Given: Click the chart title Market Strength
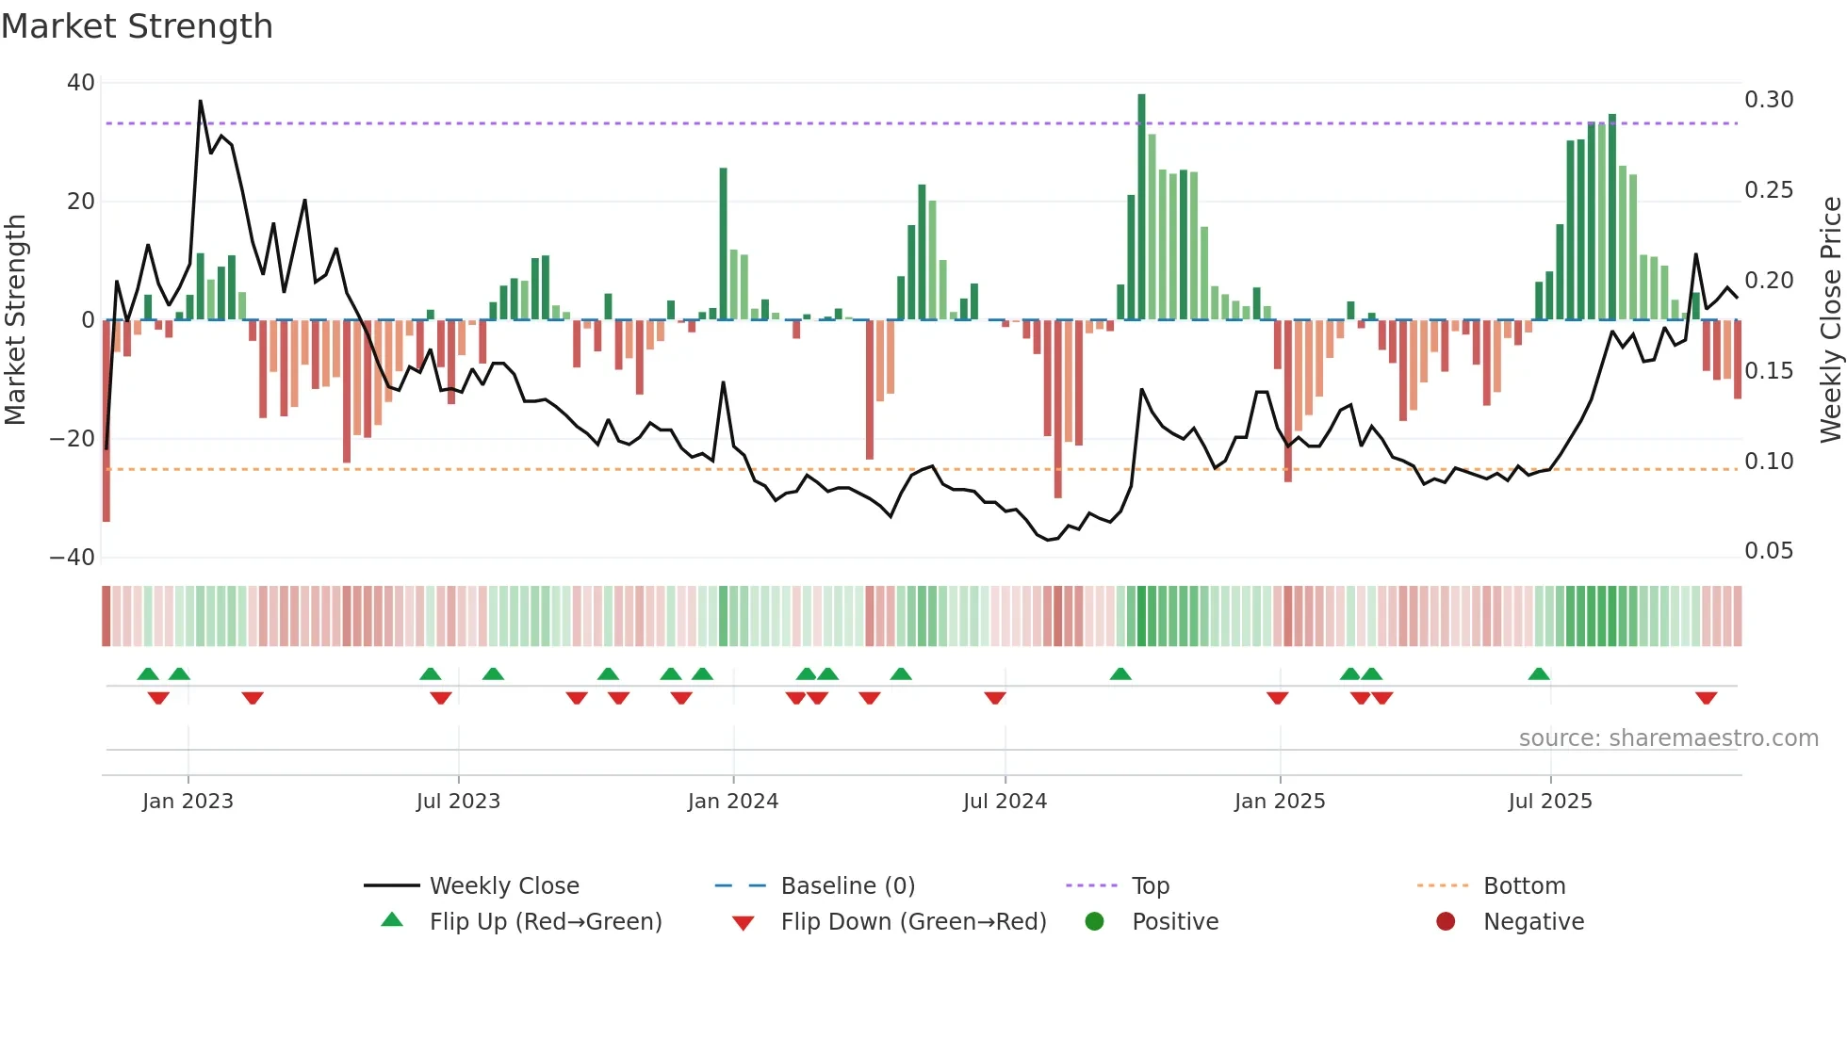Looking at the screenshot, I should pos(137,26).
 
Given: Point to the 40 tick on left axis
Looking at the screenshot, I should pos(81,83).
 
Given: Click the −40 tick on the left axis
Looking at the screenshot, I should pos(73,557).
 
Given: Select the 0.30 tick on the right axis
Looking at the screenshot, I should pos(1769,100).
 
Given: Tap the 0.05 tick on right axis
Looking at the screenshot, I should pos(1769,551).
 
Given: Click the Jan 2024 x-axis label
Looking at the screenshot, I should pos(732,802).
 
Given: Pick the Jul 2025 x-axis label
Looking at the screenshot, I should pos(1549,802).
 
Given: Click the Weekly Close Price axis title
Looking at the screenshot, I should pos(1830,319).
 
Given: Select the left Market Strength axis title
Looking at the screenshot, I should pos(15,319).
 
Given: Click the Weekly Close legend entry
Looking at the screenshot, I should pos(504,886).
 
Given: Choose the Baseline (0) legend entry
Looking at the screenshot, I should pos(847,886).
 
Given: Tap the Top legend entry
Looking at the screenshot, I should pos(1150,886).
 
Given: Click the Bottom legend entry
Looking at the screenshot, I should pos(1524,886).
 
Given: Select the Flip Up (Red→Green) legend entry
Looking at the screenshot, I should pos(546,922).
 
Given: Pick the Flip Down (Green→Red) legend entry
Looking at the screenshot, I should pos(913,922).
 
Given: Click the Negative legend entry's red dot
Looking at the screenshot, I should pos(1446,921).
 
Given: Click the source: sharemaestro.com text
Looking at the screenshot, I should pos(1668,738).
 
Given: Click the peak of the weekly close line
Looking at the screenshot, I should pos(200,101).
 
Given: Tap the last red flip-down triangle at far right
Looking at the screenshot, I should pos(1706,698).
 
